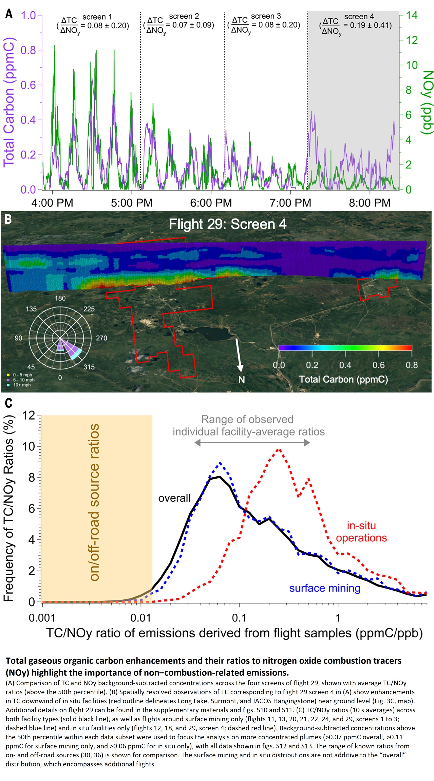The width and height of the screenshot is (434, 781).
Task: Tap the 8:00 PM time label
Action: tap(370, 203)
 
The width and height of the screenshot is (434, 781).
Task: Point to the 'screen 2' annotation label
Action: tap(184, 16)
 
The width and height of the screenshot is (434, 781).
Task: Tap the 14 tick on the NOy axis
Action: tap(412, 15)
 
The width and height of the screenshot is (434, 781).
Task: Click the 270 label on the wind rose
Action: tap(101, 338)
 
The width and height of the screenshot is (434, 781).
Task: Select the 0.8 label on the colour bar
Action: tap(412, 365)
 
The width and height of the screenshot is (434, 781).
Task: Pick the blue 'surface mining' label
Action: tap(325, 588)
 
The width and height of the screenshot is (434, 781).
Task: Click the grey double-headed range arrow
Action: tap(252, 443)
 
